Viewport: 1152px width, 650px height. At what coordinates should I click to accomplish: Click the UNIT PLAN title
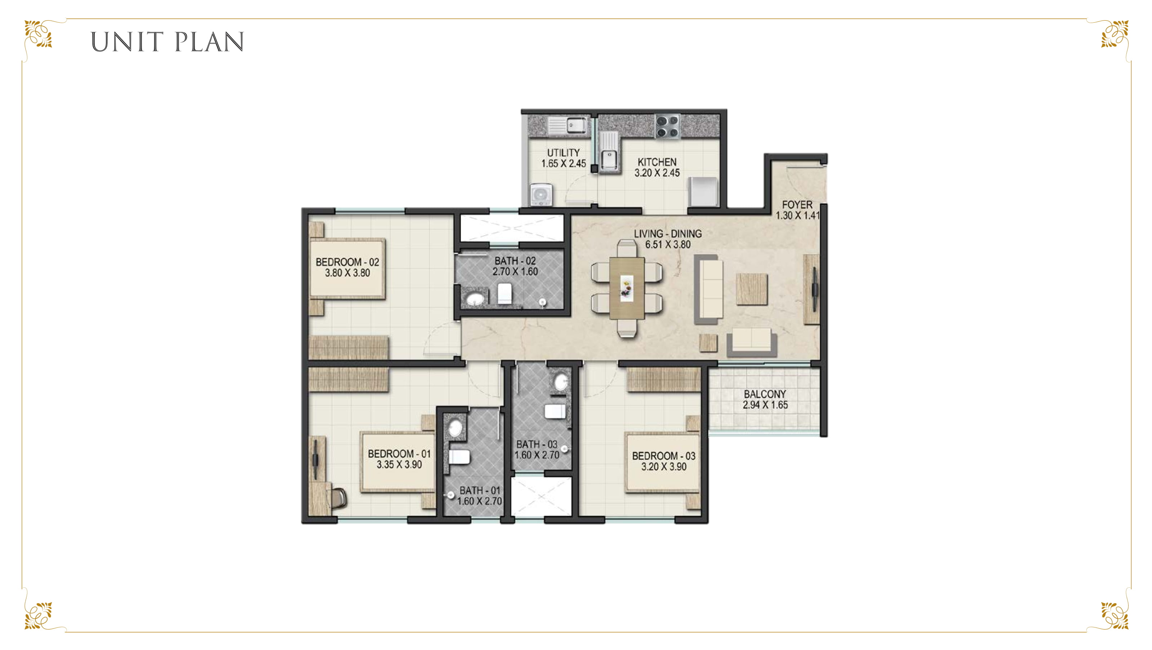pyautogui.click(x=167, y=42)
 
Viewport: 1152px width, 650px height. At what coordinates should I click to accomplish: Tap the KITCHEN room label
pyautogui.click(x=657, y=162)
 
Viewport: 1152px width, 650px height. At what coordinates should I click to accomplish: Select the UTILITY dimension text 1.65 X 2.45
pyautogui.click(x=564, y=164)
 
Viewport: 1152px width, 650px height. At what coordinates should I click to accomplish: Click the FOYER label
pyautogui.click(x=797, y=205)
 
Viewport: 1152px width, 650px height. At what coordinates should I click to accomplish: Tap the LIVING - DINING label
pyautogui.click(x=668, y=233)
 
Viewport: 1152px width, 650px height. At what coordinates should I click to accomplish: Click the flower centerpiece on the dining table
pyautogui.click(x=627, y=288)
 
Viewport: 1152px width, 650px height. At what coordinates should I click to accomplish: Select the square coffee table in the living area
pyautogui.click(x=752, y=289)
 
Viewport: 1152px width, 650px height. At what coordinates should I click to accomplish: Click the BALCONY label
pyautogui.click(x=765, y=394)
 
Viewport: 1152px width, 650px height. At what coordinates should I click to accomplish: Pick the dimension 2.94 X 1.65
pyautogui.click(x=765, y=405)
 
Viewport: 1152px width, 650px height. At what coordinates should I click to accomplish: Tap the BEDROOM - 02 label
pyautogui.click(x=347, y=262)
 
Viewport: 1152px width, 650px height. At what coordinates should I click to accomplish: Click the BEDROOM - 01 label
pyautogui.click(x=399, y=453)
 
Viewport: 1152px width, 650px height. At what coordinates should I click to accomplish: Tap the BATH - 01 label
pyautogui.click(x=480, y=490)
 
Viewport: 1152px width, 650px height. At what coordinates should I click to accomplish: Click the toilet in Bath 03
pyautogui.click(x=555, y=411)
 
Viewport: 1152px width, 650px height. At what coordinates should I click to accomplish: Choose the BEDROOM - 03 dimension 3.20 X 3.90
pyautogui.click(x=664, y=467)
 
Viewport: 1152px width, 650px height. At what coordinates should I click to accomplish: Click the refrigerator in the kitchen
pyautogui.click(x=703, y=191)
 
